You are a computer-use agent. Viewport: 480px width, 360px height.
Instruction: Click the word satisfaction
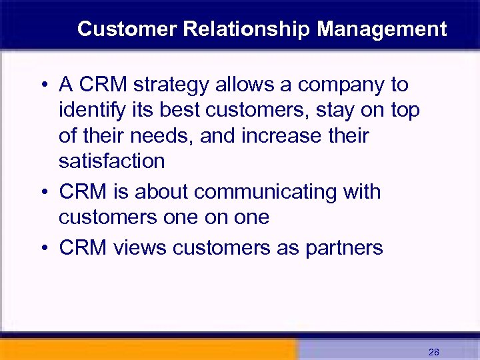point(111,161)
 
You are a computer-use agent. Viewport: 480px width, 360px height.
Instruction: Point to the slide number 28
point(434,352)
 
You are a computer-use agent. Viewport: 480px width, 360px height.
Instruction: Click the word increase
point(280,136)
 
